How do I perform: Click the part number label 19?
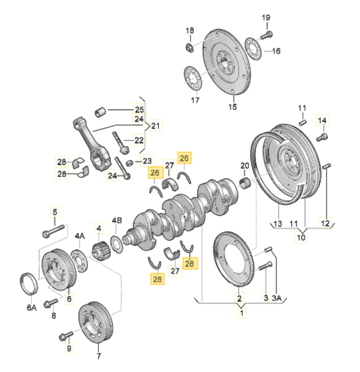click(x=266, y=17)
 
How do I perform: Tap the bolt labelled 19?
click(x=266, y=35)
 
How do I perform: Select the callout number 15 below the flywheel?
click(x=232, y=107)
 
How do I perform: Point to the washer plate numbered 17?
click(x=193, y=78)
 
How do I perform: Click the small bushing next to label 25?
click(x=100, y=112)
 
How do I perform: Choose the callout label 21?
click(x=155, y=126)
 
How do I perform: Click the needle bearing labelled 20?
click(x=245, y=183)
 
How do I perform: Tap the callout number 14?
click(x=322, y=120)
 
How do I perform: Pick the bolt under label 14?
click(x=322, y=137)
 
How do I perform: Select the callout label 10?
click(x=301, y=237)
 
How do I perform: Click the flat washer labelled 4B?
click(x=116, y=245)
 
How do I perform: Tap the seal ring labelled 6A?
click(x=29, y=284)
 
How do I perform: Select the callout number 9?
click(x=69, y=348)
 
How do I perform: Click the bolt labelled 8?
click(x=51, y=303)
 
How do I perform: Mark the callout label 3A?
click(x=277, y=298)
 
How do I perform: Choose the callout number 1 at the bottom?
click(x=241, y=313)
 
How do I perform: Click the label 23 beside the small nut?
click(x=147, y=161)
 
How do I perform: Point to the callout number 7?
click(x=98, y=356)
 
